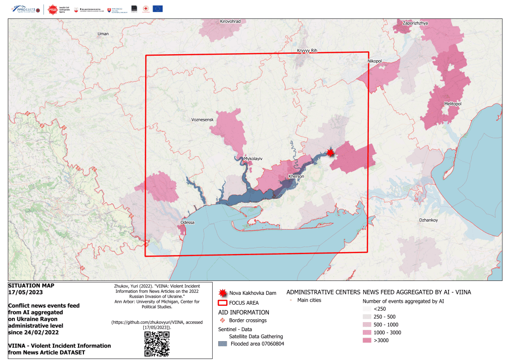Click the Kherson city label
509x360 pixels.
click(x=296, y=177)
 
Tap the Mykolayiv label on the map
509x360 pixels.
click(x=253, y=159)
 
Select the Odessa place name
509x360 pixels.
click(x=187, y=222)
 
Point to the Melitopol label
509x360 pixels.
click(x=452, y=103)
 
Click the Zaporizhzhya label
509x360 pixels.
click(x=415, y=23)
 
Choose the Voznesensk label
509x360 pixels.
click(x=202, y=120)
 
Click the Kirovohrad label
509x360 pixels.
click(x=230, y=22)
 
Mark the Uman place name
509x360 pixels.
click(x=103, y=34)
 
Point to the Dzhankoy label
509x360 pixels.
click(x=428, y=220)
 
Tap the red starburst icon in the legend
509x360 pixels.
click(x=222, y=293)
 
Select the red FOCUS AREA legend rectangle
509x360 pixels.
click(x=222, y=303)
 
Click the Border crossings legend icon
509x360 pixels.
click(x=223, y=320)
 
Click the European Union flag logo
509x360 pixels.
click(x=158, y=8)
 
